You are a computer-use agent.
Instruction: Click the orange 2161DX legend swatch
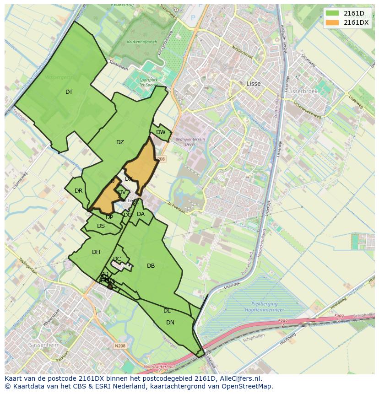(332, 22)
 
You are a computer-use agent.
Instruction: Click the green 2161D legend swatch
(332, 13)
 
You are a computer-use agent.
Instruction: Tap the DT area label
(69, 92)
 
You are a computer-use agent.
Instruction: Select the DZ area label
(120, 142)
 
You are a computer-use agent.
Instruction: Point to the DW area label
(161, 132)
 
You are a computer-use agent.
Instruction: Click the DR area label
(78, 191)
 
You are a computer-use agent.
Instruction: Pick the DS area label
(101, 226)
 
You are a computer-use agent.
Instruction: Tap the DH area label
(96, 252)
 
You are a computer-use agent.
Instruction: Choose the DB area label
(151, 266)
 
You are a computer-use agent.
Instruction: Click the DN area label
(170, 323)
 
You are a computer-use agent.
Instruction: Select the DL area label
(167, 311)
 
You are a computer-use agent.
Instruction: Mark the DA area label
(141, 214)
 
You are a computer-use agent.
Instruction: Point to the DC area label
(117, 259)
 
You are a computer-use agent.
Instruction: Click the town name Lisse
(253, 84)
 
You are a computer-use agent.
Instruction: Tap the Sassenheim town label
(43, 345)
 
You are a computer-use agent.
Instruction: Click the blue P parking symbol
(193, 18)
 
